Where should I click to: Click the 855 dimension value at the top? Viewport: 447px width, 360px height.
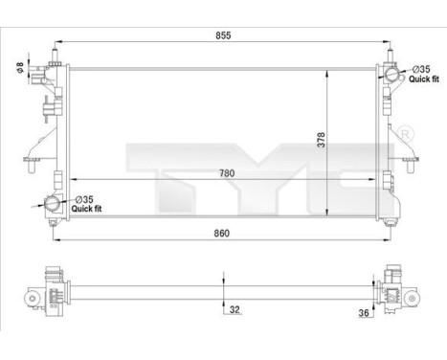pos(223,34)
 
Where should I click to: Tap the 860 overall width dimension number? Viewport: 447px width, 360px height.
pos(223,231)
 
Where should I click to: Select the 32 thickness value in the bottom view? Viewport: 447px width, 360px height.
pos(234,309)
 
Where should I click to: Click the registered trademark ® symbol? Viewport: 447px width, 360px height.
pos(404,130)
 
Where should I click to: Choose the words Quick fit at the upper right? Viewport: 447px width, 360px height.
pos(424,80)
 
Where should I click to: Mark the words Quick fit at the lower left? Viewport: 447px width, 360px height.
pos(88,210)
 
